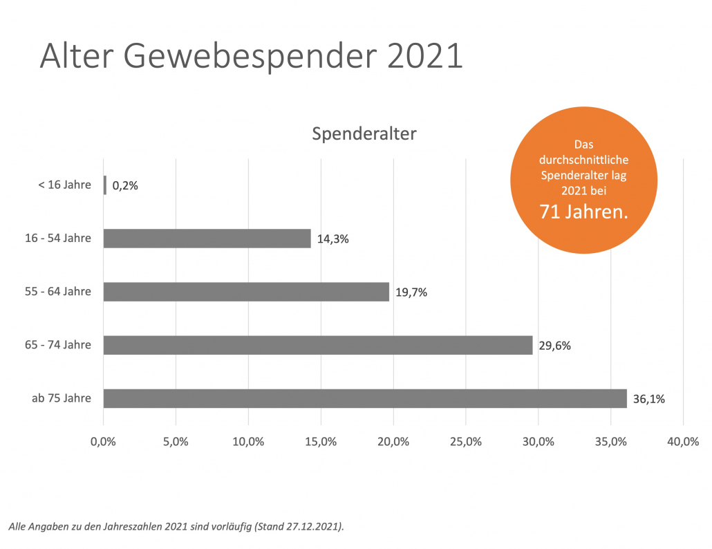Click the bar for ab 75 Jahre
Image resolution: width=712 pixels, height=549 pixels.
(x=365, y=398)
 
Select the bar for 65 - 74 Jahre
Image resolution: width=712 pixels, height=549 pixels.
(x=318, y=345)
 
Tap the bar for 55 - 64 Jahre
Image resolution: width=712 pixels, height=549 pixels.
(x=246, y=292)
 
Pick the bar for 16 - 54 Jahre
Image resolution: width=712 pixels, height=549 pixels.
(x=207, y=239)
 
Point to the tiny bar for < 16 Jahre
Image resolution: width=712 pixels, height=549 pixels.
(x=105, y=185)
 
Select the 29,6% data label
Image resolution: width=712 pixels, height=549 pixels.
(x=556, y=346)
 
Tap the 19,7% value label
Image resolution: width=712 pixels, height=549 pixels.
(x=411, y=292)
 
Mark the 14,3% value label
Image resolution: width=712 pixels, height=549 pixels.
(x=332, y=239)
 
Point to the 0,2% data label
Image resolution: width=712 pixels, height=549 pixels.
(x=125, y=185)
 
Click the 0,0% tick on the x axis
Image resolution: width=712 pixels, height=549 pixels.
(x=103, y=441)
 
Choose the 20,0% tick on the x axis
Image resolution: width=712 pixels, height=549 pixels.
(x=393, y=441)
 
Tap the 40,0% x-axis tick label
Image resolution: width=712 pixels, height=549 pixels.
(x=683, y=441)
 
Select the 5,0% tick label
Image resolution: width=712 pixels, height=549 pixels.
(x=176, y=441)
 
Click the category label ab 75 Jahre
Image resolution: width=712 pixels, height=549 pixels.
(x=62, y=398)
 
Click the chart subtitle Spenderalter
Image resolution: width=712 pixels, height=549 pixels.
(x=364, y=133)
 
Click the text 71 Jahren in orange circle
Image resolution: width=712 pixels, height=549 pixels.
(x=584, y=212)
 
